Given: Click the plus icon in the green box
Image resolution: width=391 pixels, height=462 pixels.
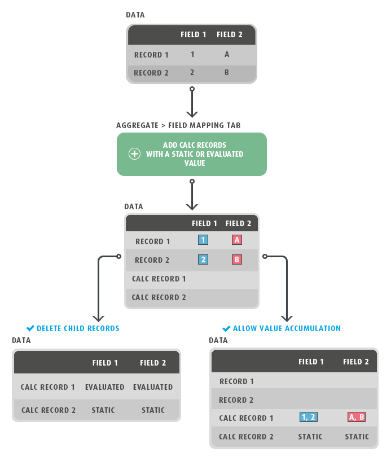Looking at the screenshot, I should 134,154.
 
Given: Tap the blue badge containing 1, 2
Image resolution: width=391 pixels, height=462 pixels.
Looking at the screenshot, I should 309,417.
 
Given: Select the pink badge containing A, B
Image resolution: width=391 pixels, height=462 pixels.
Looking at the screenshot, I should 356,417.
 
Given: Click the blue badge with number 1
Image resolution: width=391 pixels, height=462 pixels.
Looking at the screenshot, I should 203,240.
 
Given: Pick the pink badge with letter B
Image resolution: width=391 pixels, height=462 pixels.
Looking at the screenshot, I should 237,259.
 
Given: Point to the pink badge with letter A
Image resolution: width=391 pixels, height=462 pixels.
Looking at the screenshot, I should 237,240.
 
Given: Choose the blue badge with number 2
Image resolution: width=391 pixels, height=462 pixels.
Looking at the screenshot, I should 203,259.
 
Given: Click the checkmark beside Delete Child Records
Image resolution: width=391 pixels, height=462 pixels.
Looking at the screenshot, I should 30,328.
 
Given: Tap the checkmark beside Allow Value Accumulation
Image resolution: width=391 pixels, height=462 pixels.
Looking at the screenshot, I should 226,328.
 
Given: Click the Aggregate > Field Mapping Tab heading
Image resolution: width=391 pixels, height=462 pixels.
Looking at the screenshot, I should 179,125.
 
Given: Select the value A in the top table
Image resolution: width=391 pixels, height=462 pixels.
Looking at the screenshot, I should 227,55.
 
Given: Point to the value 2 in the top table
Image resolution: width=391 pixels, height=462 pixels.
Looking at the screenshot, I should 192,73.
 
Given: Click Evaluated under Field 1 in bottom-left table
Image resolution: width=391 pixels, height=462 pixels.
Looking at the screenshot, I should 105,387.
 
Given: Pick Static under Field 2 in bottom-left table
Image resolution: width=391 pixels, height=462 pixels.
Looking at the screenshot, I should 153,410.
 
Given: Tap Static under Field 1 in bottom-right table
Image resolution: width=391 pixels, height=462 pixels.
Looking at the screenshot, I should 310,437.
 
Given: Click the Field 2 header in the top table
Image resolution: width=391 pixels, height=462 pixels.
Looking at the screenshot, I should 230,35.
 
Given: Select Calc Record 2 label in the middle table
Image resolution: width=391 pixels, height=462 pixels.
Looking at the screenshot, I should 159,297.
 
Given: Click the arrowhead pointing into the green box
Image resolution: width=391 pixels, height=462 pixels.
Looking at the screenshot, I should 192,115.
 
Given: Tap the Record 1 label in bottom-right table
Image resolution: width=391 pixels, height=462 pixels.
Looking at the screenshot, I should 236,381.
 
